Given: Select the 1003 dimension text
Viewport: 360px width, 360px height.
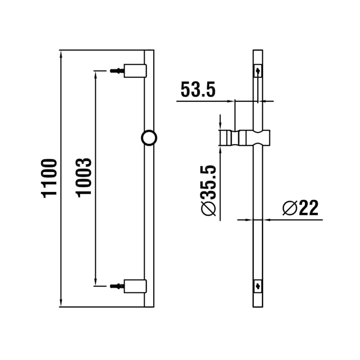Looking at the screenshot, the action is (83, 178).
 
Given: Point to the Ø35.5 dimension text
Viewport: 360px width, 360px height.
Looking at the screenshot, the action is (208, 191).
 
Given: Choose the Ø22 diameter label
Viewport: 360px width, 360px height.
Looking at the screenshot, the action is (300, 208).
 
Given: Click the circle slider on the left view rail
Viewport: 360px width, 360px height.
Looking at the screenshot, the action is (149, 138).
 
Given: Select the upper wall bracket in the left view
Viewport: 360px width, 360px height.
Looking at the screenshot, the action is (135, 71).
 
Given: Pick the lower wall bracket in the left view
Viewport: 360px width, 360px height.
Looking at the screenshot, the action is (135, 286).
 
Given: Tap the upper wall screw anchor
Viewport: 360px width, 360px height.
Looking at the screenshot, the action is (117, 71).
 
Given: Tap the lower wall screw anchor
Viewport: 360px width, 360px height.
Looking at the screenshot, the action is (117, 286).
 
